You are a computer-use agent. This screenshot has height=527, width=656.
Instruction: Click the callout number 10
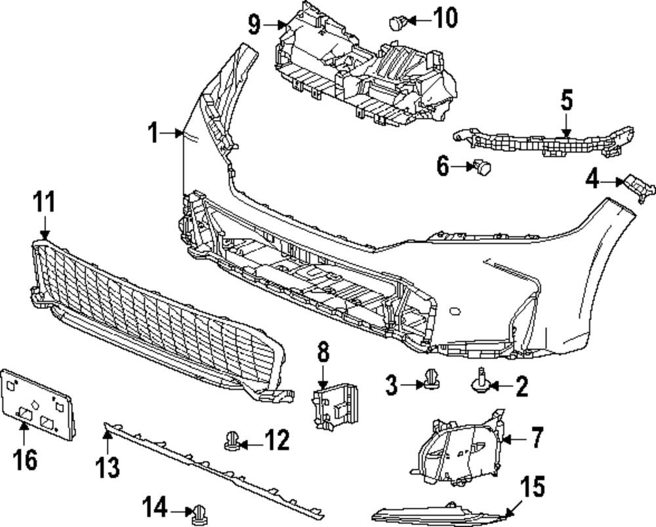click(x=444, y=18)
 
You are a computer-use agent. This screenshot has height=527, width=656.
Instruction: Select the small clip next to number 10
click(x=396, y=23)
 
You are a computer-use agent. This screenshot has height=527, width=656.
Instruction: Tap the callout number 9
click(x=255, y=25)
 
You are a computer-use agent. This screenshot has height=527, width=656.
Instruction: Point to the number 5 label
click(x=566, y=101)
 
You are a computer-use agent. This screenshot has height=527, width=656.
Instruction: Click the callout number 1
click(x=153, y=134)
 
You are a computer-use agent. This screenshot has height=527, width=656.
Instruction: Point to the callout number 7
click(x=537, y=437)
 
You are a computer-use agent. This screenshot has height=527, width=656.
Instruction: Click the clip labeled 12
click(x=232, y=442)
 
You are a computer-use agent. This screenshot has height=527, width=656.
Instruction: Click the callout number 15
click(x=533, y=488)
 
